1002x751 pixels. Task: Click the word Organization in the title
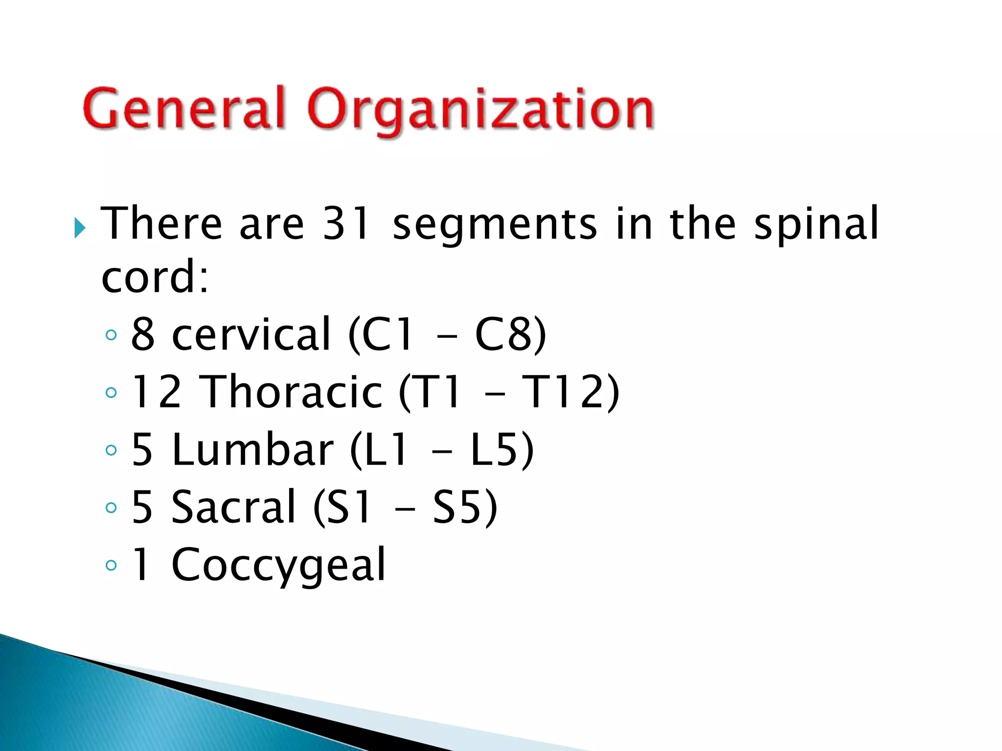click(x=481, y=110)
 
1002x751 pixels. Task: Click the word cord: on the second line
click(x=155, y=277)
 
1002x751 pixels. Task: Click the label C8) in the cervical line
click(x=510, y=334)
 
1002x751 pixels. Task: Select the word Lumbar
click(x=252, y=449)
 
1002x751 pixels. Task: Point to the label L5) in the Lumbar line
click(x=501, y=449)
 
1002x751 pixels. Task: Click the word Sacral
click(x=234, y=507)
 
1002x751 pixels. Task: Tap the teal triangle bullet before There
click(x=80, y=228)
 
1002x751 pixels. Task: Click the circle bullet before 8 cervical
click(x=112, y=335)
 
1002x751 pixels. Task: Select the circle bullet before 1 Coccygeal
click(x=112, y=566)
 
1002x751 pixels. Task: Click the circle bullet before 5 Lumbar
click(x=112, y=450)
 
